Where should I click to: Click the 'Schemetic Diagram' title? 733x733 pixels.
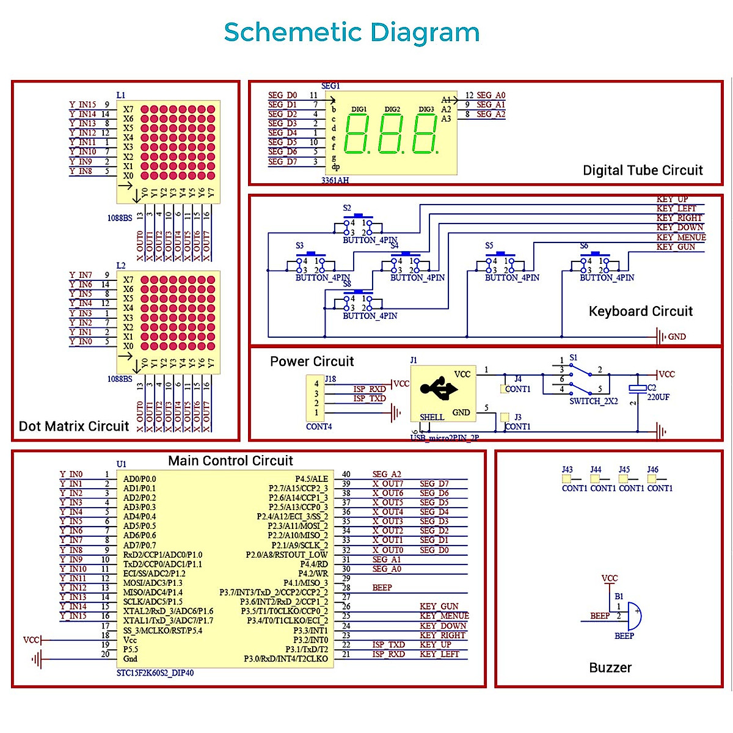(351, 32)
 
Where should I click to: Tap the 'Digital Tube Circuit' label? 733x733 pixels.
(643, 170)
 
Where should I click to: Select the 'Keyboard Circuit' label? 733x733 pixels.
(640, 312)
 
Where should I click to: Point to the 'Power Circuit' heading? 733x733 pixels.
(312, 362)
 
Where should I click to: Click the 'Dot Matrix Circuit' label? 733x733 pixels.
(74, 426)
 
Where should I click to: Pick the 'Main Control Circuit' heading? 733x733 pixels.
(230, 461)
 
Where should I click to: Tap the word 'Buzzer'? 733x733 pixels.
(610, 668)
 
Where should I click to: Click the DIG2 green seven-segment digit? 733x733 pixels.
(392, 134)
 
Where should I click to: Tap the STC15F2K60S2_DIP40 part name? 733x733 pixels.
(155, 673)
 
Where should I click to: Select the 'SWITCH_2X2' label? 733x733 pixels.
(594, 401)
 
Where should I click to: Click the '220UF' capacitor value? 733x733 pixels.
(658, 397)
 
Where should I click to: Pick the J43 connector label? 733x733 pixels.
(567, 470)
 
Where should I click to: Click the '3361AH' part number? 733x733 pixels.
(335, 180)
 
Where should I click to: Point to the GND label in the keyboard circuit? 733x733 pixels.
(676, 337)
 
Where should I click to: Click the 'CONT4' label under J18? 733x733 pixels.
(319, 426)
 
